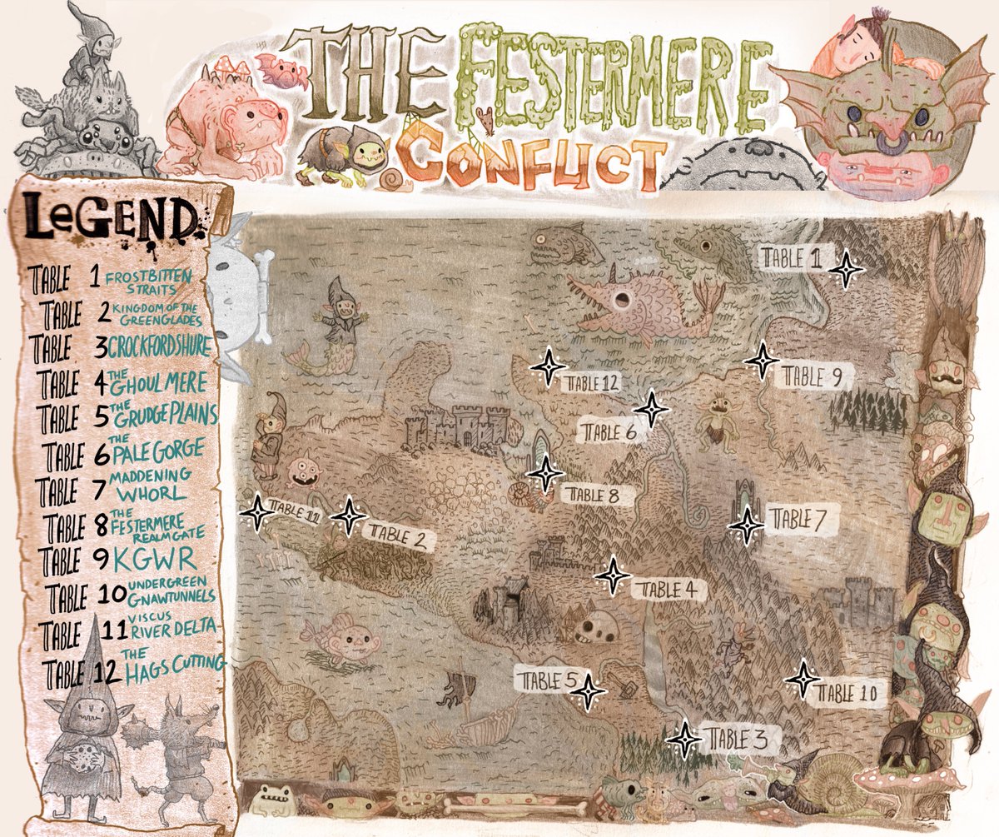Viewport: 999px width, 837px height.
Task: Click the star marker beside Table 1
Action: pos(847,270)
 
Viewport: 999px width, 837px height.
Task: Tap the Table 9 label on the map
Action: pos(807,377)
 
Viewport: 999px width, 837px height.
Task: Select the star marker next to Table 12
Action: pos(548,366)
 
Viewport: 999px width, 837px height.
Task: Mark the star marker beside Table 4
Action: pos(614,575)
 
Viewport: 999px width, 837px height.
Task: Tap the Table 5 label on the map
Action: pos(546,680)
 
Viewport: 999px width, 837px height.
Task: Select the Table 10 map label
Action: pos(848,692)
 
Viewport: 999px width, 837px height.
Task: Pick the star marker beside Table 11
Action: pos(256,513)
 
